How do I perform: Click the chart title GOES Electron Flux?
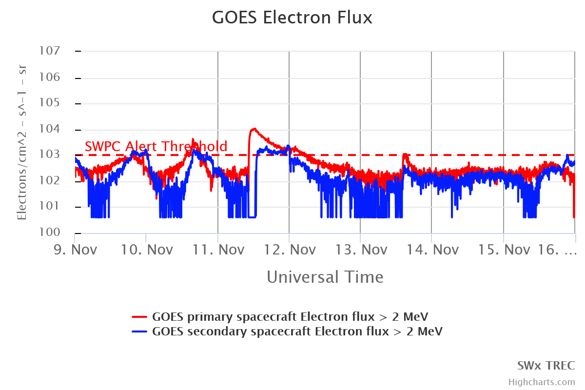(292, 18)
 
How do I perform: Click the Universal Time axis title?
(325, 277)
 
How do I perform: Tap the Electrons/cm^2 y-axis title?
(22, 142)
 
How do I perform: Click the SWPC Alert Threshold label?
(156, 146)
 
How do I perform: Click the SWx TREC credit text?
(546, 366)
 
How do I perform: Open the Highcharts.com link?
(542, 382)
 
